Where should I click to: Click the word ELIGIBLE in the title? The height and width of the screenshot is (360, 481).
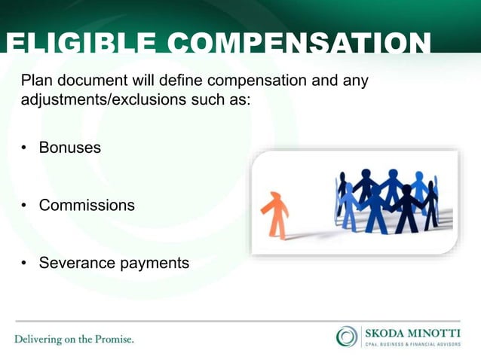pos(81,44)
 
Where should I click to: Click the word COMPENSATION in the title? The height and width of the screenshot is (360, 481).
pos(299,44)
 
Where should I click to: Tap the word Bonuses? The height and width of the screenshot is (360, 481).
pos(70,148)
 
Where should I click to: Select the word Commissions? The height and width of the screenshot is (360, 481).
pos(87,205)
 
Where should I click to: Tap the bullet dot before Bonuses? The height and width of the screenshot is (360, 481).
pos(24,148)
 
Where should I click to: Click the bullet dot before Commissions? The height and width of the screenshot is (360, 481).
pos(24,206)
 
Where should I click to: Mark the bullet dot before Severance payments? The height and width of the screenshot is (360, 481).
pos(24,264)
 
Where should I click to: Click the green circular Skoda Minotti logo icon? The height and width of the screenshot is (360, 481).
pos(347,336)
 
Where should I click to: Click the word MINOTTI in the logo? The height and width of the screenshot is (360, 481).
pos(437,332)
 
